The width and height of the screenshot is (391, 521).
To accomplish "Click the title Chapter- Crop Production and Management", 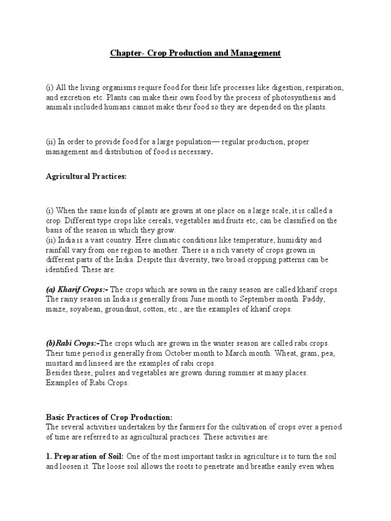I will [x=195, y=53].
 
